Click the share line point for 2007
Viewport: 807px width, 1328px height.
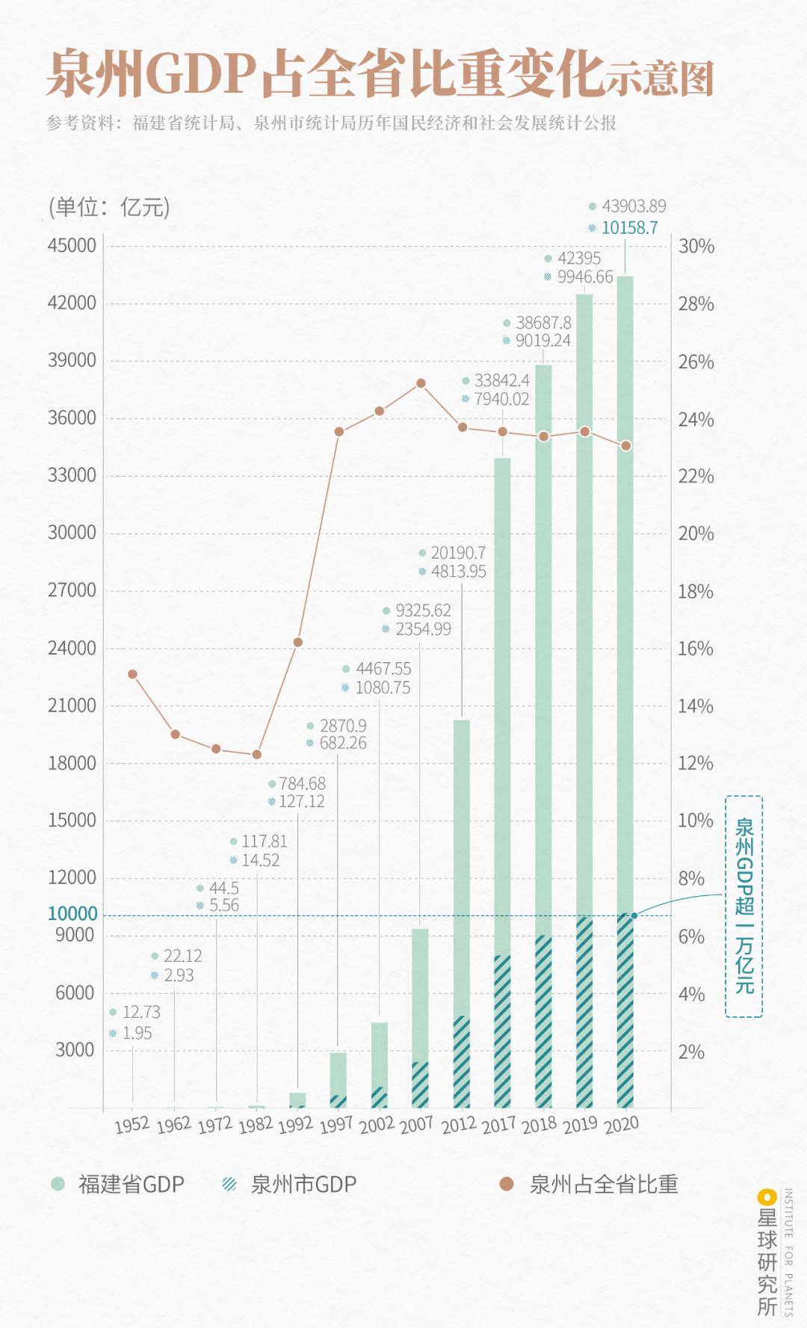421,383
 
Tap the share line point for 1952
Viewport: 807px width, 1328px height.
132,674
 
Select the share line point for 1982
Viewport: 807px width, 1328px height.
257,755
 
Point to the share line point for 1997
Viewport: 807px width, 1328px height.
339,431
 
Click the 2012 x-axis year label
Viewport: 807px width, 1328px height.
458,1125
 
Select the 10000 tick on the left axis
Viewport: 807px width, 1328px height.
72,913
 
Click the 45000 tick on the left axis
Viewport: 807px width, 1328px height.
72,246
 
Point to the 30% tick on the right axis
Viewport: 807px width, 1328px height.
696,247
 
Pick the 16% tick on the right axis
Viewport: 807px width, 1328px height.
695,649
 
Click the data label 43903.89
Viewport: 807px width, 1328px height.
634,206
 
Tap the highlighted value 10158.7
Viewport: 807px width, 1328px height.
629,228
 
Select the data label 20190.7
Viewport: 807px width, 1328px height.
457,553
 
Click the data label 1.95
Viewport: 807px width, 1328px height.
137,1033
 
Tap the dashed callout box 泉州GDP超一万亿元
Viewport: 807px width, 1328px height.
744,906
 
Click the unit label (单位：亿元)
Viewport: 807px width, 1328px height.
109,207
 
